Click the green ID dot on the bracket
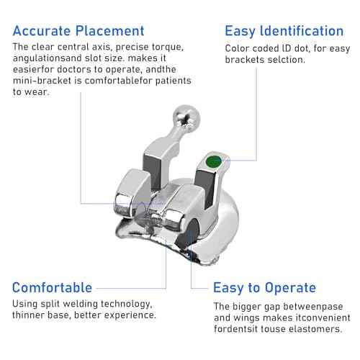214,161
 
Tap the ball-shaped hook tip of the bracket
186,117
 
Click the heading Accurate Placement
78,31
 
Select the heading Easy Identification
284,31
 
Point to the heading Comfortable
52,287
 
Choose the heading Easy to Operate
264,287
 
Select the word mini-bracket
42,81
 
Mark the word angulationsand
48,58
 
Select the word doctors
74,69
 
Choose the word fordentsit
235,329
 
